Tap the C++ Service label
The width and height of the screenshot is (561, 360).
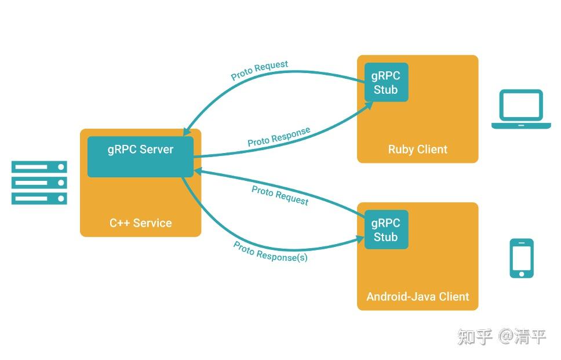141,223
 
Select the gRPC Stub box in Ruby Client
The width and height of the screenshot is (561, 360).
386,82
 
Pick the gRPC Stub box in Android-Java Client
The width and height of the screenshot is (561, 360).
386,230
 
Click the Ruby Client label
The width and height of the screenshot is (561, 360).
417,150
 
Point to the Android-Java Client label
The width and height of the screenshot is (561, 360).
417,297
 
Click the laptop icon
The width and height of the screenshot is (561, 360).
521,109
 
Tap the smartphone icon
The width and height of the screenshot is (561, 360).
522,258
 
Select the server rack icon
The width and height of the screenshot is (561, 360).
39,183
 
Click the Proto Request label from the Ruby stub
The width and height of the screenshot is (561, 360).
259,70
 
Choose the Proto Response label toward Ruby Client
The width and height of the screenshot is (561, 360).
279,137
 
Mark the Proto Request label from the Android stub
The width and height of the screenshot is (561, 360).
280,195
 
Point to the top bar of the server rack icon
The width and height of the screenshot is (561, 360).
39,167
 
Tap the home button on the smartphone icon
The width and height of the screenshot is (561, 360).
522,273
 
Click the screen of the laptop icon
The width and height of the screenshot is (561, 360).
521,106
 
